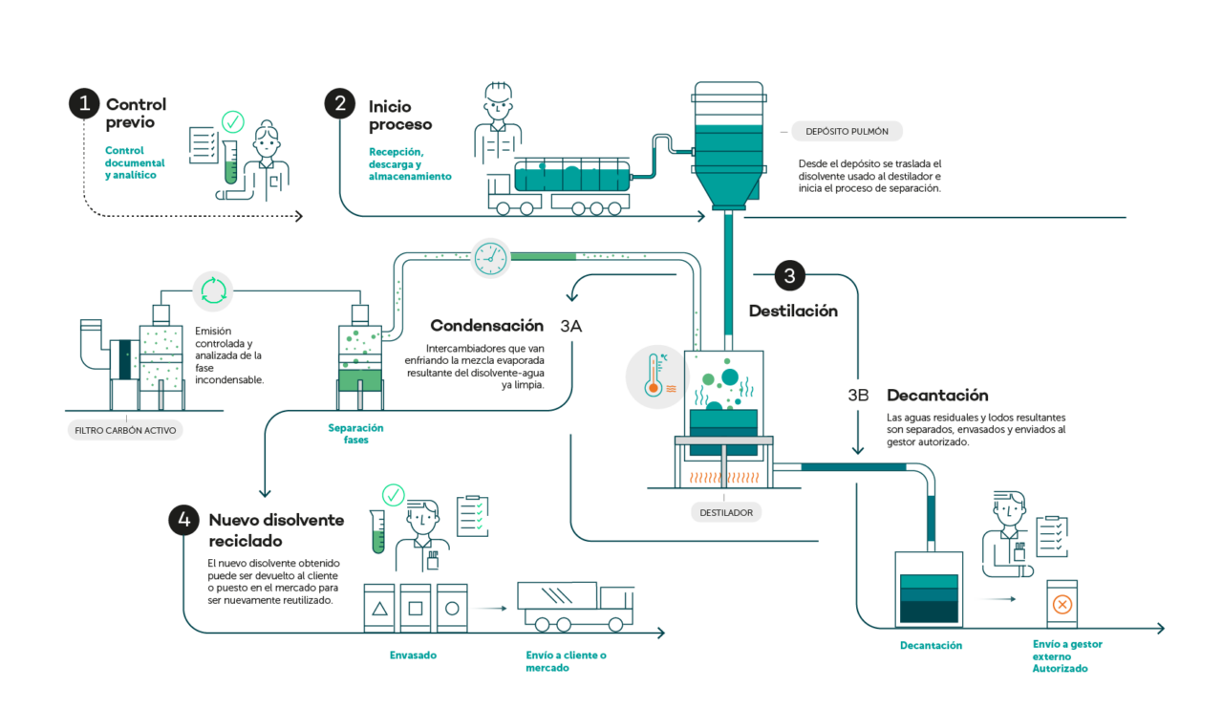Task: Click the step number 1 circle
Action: (84, 103)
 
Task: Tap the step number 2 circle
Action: (340, 103)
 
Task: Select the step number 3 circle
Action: (789, 276)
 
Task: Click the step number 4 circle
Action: (183, 520)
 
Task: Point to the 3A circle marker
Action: (571, 327)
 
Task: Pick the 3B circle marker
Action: (858, 395)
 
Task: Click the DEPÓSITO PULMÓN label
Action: (847, 131)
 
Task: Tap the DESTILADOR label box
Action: (726, 513)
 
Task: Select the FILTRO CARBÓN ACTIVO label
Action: (125, 431)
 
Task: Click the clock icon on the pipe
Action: (490, 256)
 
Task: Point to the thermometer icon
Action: (656, 376)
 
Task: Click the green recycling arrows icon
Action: (212, 290)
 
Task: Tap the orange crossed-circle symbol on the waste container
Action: (1062, 604)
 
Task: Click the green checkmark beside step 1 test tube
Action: (232, 121)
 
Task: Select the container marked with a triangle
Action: (379, 607)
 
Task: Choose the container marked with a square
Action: (415, 607)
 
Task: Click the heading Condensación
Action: (486, 326)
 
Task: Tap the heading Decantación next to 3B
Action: (936, 395)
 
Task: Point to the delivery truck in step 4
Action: (575, 606)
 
